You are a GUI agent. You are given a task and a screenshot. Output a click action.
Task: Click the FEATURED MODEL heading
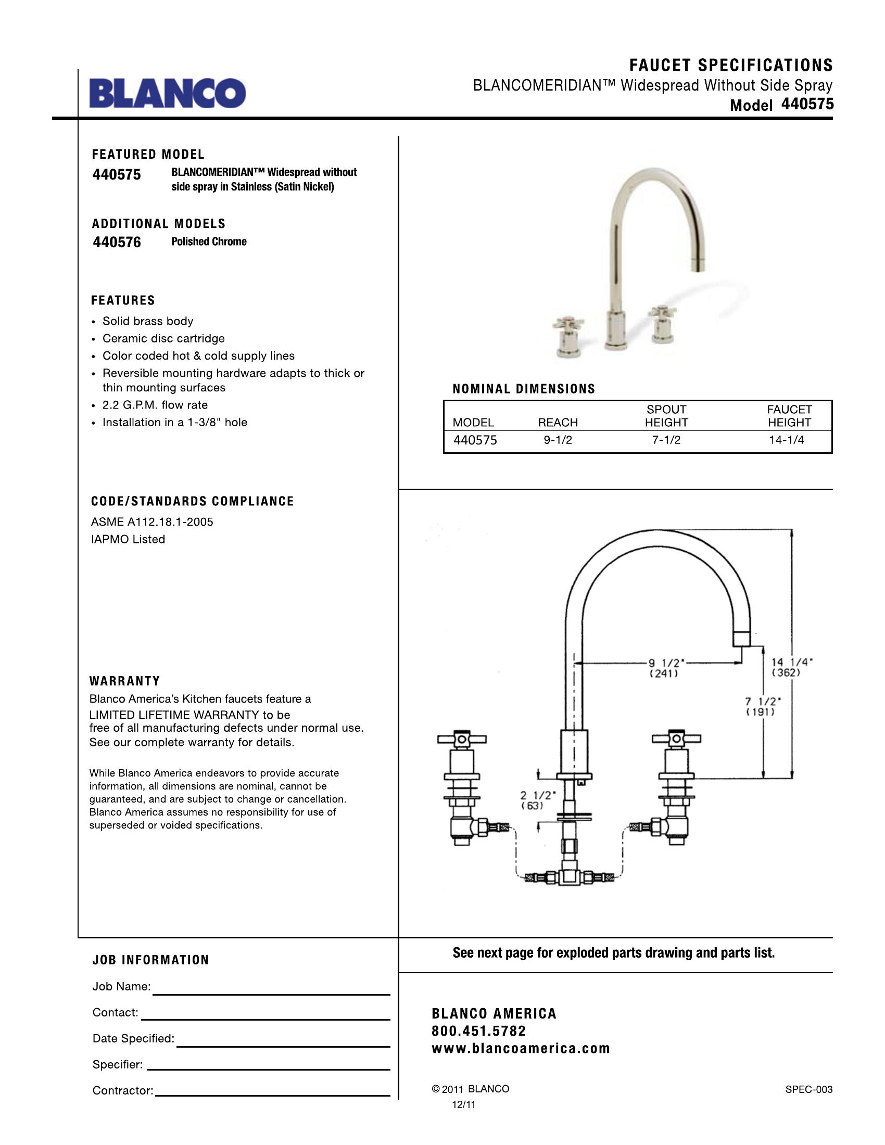148,155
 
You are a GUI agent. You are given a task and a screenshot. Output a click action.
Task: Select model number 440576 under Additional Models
117,242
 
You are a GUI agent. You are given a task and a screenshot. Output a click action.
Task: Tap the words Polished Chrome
209,241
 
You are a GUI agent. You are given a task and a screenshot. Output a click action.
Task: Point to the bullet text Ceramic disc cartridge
163,339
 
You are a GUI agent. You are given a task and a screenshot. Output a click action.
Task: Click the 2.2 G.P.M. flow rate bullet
155,405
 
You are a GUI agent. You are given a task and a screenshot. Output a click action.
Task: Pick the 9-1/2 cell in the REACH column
558,440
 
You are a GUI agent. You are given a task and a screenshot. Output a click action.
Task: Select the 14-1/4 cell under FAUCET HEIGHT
786,440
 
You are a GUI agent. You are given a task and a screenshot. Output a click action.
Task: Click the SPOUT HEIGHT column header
666,416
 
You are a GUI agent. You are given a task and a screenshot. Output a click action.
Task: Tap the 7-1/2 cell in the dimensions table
666,440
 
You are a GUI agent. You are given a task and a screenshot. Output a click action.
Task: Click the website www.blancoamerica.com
521,1049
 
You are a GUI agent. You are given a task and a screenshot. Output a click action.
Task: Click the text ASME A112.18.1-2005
152,522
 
